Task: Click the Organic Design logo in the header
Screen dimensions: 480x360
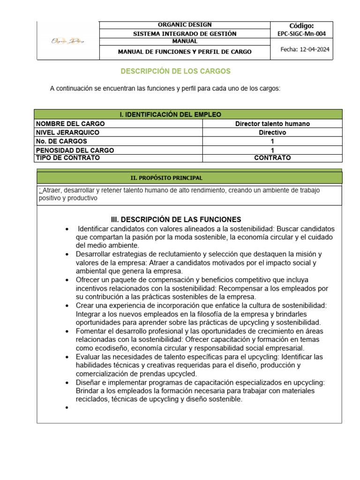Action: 68,41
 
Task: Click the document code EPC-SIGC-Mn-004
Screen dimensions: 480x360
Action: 301,34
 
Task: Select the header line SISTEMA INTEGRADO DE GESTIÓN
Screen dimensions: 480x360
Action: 185,34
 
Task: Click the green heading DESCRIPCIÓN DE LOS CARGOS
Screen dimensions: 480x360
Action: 176,71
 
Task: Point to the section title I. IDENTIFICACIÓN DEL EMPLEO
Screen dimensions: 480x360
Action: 171,114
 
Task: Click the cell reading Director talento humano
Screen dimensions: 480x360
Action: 272,124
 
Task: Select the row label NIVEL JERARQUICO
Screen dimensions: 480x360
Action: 67,133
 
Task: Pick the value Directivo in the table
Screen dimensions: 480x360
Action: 272,133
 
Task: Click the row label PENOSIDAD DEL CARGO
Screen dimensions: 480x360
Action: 75,150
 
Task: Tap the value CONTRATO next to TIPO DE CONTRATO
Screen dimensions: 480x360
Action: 272,158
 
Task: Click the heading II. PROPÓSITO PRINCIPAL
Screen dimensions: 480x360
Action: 166,178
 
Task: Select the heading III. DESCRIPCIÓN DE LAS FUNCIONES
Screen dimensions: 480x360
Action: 176,219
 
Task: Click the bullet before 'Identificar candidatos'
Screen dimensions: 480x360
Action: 68,229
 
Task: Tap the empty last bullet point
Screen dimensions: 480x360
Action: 68,408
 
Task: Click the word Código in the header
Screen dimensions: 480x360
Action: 301,25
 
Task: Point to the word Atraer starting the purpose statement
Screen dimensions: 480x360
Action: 52,190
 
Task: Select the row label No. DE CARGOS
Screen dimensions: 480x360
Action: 61,141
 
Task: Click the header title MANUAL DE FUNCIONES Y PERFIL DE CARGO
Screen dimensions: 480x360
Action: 185,52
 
